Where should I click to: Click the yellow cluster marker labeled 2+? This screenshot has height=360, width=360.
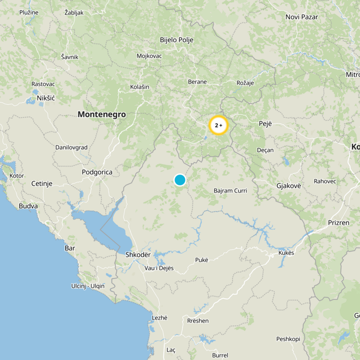[x=219, y=126]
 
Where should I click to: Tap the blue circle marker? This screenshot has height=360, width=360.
[x=180, y=180]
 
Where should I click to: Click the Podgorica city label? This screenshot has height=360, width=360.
[x=97, y=172]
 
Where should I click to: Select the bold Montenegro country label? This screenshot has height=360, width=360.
[x=102, y=115]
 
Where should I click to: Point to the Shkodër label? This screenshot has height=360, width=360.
[x=138, y=255]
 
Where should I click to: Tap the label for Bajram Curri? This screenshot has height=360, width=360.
[x=230, y=191]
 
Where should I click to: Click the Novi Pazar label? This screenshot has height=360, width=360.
[x=301, y=17]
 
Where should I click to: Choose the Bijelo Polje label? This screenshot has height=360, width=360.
[x=176, y=40]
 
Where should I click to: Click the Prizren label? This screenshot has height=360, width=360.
[x=338, y=222]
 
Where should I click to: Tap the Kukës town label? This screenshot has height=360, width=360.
[x=286, y=253]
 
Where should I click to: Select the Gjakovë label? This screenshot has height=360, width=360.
[x=288, y=185]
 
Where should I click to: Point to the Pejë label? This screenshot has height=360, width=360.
[x=266, y=123]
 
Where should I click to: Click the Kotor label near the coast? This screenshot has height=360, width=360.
[x=17, y=175]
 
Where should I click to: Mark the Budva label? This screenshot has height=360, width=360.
[x=28, y=206]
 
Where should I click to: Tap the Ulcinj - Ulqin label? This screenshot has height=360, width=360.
[x=88, y=286]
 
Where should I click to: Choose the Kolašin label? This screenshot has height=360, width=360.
[x=139, y=87]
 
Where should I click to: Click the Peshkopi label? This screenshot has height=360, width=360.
[x=288, y=339]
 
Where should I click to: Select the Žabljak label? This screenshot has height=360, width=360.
[x=74, y=13]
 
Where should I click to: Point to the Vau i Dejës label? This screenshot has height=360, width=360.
[x=159, y=268]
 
